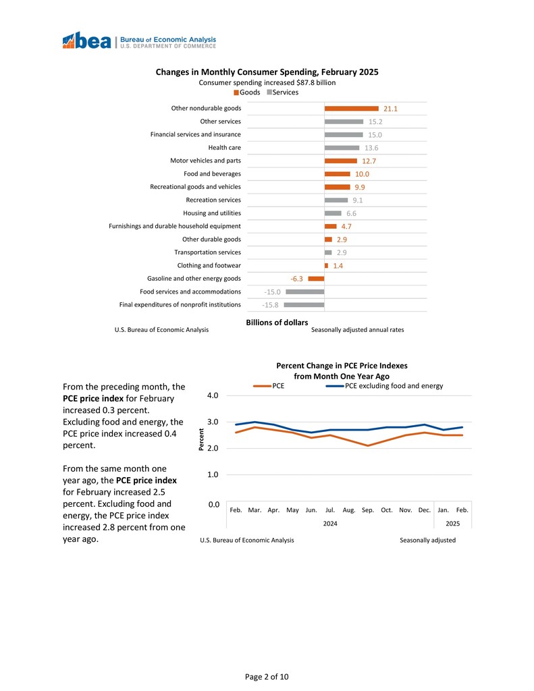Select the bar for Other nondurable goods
coord(351,109)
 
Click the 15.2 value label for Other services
coord(376,122)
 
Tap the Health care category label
coord(224,148)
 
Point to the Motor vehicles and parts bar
coord(340,161)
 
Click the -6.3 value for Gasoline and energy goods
coord(296,279)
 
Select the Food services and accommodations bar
coord(304,292)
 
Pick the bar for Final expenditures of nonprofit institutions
coord(304,305)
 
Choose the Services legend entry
coord(284,92)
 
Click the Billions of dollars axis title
coord(277,323)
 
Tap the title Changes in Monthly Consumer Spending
coord(267,72)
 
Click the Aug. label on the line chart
coord(349,510)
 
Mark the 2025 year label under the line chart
coord(453,524)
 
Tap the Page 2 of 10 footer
coord(267,676)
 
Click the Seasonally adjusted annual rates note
coord(357,330)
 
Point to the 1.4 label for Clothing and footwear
coord(338,266)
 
